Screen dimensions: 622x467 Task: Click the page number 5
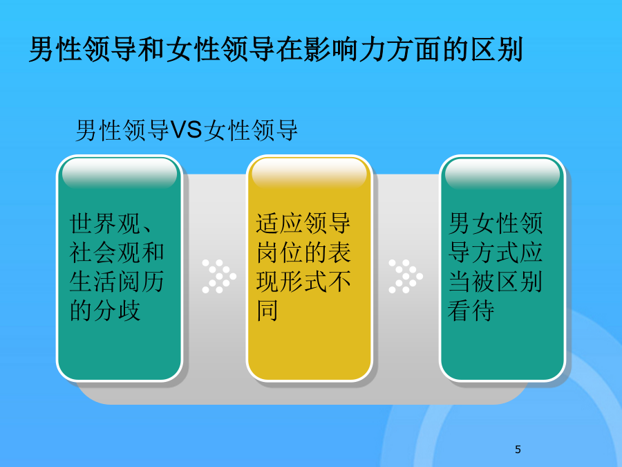[518, 449]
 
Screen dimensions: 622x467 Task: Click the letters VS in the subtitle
[187, 130]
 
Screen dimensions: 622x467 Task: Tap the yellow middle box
[309, 268]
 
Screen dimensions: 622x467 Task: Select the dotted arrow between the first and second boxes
[219, 276]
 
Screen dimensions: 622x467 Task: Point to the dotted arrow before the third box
[406, 276]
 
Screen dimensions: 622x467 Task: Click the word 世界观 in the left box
[105, 223]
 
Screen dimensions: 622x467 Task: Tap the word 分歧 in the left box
[117, 311]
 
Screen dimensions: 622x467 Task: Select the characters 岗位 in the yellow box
[280, 253]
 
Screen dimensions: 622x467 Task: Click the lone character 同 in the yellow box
[267, 311]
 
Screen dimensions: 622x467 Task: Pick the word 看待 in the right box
[471, 311]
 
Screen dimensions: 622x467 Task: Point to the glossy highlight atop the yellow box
[309, 173]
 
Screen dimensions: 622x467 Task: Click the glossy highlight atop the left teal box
[120, 173]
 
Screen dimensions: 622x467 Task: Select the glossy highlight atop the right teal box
[502, 173]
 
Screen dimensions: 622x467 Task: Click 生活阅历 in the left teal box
[117, 282]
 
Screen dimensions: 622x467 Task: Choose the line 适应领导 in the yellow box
[303, 223]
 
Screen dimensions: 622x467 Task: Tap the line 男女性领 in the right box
[495, 223]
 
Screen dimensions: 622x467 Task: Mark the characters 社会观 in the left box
[105, 253]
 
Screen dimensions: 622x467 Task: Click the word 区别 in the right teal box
[519, 282]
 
